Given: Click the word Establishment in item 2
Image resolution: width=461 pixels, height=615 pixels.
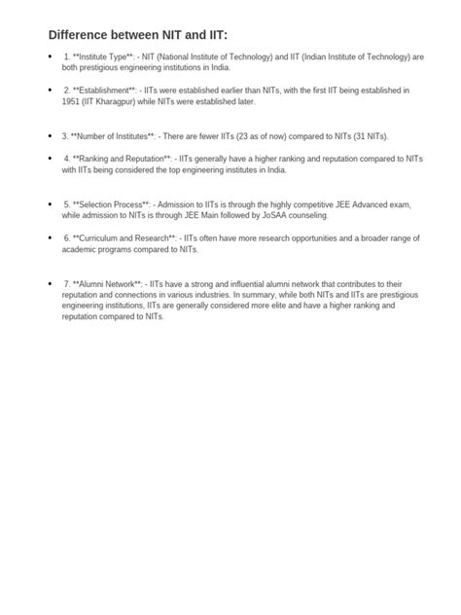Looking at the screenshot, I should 104,90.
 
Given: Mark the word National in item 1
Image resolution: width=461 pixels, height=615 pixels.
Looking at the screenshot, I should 179,57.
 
